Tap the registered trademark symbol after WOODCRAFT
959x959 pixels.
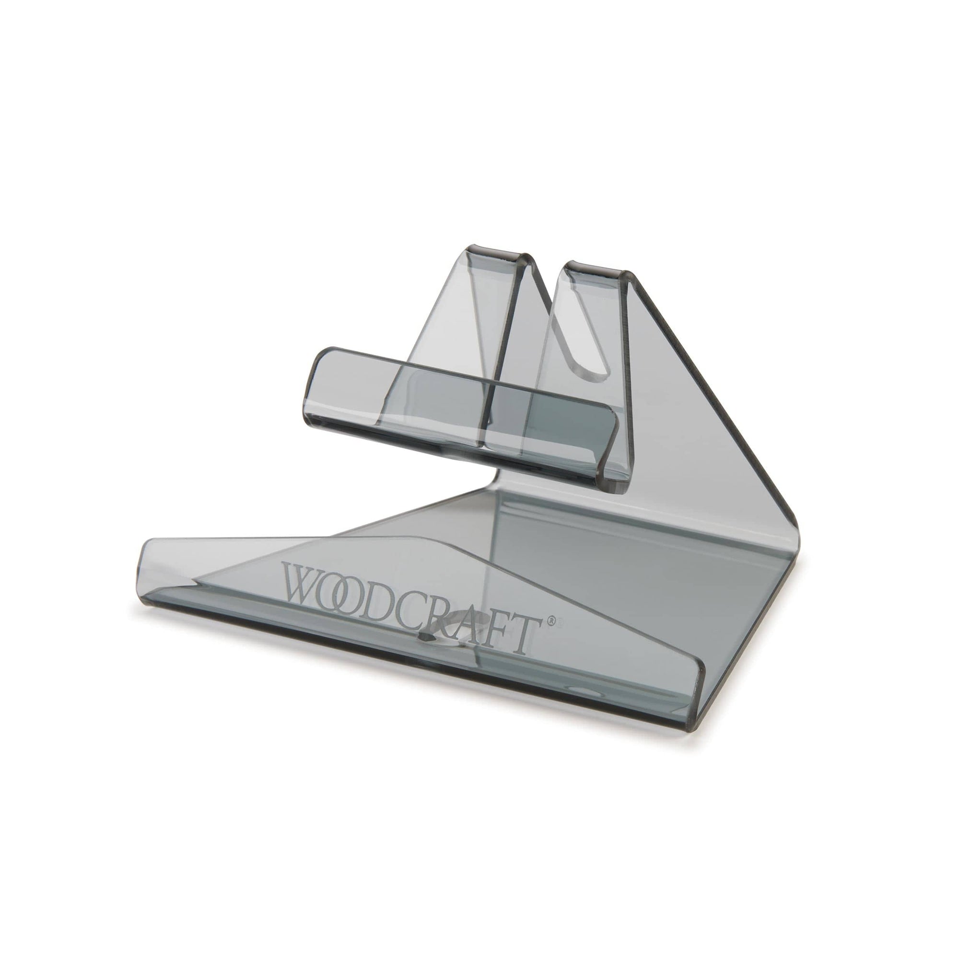click(550, 621)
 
